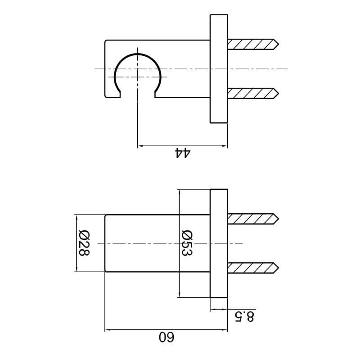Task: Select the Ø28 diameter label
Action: (84, 243)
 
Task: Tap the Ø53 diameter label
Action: (187, 243)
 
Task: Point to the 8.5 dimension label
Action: (244, 317)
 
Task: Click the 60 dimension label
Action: (166, 337)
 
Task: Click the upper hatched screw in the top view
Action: (253, 44)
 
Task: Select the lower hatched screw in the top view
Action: (253, 94)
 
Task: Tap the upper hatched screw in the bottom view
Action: (253, 219)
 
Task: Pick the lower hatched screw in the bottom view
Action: (253, 268)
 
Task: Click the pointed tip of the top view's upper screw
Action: (279, 44)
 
